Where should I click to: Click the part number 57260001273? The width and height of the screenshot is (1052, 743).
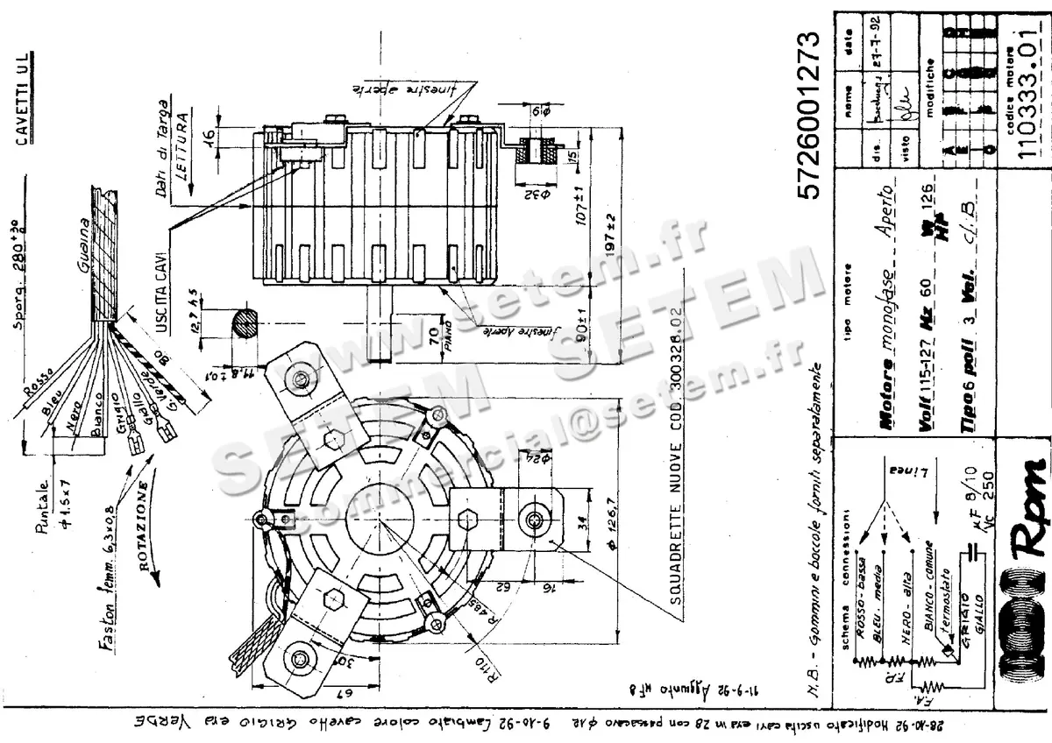pos(811,117)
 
